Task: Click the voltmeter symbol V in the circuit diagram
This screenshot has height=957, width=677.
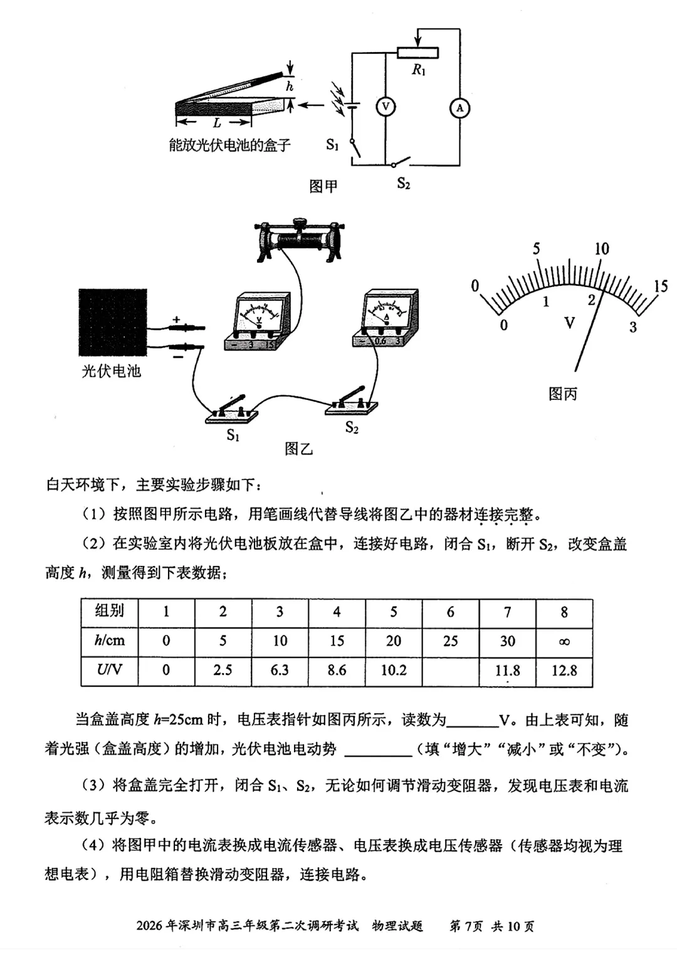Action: tap(386, 107)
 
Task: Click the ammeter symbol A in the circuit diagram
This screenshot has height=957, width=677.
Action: tap(459, 108)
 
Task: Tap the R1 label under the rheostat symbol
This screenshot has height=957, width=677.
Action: tap(418, 70)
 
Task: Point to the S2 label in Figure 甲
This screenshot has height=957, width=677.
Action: tap(403, 184)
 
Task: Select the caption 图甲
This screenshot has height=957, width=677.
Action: tap(323, 186)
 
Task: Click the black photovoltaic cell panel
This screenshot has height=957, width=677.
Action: tap(113, 323)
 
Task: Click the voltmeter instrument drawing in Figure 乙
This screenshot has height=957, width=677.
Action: tap(258, 322)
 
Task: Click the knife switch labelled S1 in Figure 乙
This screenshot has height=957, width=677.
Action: tap(232, 411)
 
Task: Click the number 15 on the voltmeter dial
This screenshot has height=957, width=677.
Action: tap(661, 286)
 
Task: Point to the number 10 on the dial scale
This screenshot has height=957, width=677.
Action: tap(601, 249)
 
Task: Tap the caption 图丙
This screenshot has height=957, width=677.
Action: tap(562, 394)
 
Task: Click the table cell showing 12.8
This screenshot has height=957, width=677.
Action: tap(564, 671)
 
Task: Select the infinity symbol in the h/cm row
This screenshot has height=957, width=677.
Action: tap(564, 641)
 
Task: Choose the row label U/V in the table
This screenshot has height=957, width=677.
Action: tap(109, 670)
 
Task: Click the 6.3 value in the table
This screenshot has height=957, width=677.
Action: tap(280, 671)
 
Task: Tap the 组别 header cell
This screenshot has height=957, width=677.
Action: tap(109, 611)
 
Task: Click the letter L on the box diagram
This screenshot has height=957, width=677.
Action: tap(217, 123)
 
